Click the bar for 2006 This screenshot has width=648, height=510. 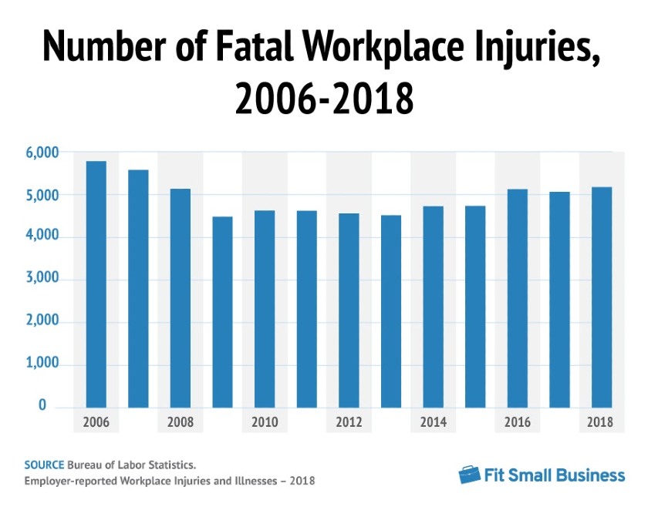(x=96, y=284)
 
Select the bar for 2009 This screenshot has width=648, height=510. (x=222, y=312)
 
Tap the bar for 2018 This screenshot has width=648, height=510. (x=602, y=297)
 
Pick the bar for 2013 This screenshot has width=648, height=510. (x=391, y=311)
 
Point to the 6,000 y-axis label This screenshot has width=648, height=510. (x=42, y=153)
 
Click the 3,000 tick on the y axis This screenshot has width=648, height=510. (x=42, y=277)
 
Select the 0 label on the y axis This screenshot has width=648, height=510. (x=42, y=405)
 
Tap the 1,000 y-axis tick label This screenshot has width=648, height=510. (x=42, y=363)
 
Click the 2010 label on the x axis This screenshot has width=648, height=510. (x=265, y=422)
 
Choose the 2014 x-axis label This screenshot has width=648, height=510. (x=433, y=422)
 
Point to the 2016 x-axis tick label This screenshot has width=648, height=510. (x=518, y=422)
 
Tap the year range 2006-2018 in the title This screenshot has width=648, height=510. (x=324, y=98)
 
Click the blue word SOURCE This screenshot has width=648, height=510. (x=44, y=465)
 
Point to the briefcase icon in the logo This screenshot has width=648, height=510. (x=469, y=475)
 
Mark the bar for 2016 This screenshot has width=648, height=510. (x=518, y=298)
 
